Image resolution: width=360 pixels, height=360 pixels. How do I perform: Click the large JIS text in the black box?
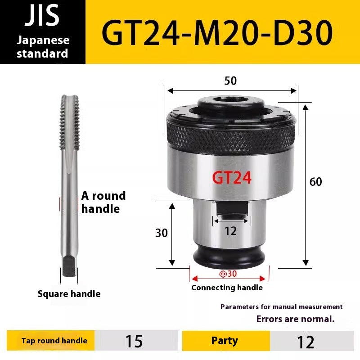tap(42, 16)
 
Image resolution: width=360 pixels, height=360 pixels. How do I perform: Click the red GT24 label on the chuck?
tap(231, 178)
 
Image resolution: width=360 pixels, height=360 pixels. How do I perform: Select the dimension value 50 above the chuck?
tap(230, 81)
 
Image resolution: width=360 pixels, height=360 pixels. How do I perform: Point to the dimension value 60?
tap(316, 182)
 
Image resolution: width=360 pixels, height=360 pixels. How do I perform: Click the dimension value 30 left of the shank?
tap(162, 233)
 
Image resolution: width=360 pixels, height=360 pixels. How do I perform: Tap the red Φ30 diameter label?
tap(228, 274)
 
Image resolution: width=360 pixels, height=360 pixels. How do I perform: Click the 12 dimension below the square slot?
tap(230, 231)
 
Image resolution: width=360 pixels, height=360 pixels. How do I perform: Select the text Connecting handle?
tap(227, 288)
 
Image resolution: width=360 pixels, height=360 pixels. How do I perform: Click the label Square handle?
tap(69, 294)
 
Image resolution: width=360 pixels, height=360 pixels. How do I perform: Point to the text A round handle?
tap(103, 202)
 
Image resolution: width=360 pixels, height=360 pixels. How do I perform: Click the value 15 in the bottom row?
tap(134, 341)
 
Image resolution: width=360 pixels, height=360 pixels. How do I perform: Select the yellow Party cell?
tap(225, 341)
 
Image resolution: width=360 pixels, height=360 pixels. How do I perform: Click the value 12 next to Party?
tap(306, 342)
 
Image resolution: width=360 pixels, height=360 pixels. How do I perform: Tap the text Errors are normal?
tap(295, 319)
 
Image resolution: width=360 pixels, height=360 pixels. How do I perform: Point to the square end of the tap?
tap(69, 266)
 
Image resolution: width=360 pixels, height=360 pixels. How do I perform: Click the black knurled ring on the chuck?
tap(231, 135)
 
